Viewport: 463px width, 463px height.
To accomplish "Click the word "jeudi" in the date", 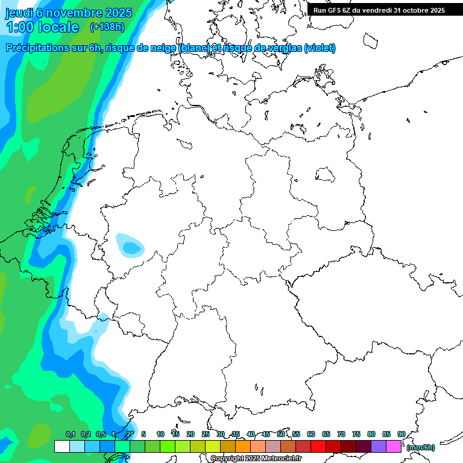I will click(x=19, y=13).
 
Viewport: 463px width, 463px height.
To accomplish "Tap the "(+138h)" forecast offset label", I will click(x=107, y=27).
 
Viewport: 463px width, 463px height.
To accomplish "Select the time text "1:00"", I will click(x=19, y=27).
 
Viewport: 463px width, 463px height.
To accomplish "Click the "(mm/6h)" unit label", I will click(x=421, y=447).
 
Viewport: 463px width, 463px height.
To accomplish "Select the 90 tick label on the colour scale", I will click(x=401, y=434).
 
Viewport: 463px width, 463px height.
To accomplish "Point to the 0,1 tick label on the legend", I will click(x=70, y=434).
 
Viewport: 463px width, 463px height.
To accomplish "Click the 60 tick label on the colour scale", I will click(x=311, y=434).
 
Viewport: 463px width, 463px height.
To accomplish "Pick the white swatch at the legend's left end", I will click(x=61, y=446).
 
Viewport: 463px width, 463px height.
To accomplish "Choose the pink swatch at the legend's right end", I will click(x=394, y=446).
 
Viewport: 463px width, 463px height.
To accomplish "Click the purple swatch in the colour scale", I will click(x=379, y=446).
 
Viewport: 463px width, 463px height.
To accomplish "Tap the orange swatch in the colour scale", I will click(x=243, y=446).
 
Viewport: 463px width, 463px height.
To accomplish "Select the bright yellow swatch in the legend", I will click(x=213, y=446).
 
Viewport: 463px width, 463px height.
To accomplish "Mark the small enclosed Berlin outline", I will click(x=326, y=175).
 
